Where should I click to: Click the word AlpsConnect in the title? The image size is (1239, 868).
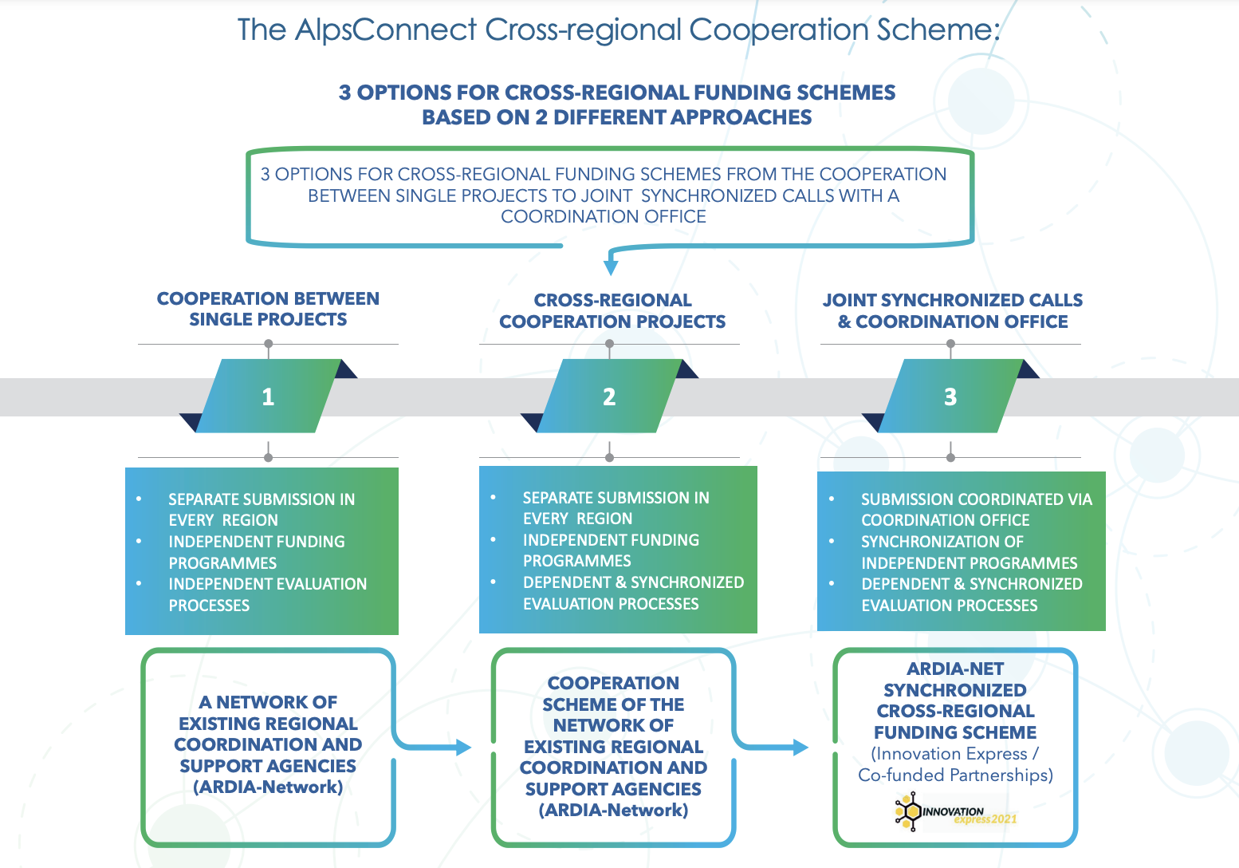(385, 30)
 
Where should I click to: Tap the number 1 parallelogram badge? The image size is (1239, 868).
(268, 397)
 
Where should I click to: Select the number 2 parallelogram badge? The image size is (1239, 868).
(609, 397)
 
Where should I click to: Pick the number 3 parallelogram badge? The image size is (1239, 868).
(950, 397)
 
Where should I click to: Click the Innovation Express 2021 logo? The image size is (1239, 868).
(955, 813)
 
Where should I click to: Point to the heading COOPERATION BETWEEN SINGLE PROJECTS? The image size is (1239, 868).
(268, 310)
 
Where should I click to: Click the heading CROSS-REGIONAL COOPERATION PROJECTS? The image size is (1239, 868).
(612, 311)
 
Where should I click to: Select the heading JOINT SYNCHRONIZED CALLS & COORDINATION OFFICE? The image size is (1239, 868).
(953, 311)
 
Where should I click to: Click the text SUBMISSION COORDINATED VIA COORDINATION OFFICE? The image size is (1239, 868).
(976, 510)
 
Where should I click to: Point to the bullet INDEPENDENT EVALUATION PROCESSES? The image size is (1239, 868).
(267, 595)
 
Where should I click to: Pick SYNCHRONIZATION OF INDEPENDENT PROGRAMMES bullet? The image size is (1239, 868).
(969, 552)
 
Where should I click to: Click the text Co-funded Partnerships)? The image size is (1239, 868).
(955, 775)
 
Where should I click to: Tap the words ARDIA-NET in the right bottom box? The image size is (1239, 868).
(955, 669)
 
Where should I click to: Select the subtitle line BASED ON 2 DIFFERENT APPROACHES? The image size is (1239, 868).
(616, 118)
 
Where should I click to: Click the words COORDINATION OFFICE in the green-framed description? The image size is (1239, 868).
(604, 217)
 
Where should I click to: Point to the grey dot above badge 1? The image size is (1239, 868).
(269, 345)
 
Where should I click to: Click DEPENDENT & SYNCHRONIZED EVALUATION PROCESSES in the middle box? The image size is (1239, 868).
(632, 594)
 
